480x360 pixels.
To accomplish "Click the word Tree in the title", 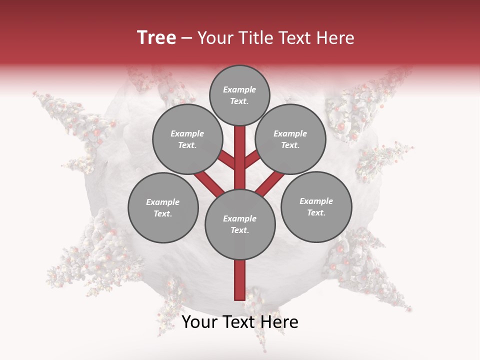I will (156, 37).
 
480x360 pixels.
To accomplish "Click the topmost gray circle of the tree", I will (239, 95).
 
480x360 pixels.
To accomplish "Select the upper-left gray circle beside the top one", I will (187, 139).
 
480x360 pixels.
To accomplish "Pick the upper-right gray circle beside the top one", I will (290, 139).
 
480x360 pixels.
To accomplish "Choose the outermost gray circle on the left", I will (163, 207).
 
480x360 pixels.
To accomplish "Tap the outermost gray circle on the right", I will (316, 206).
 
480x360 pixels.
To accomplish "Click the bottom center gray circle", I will (240, 224).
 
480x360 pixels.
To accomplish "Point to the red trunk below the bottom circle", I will (240, 280).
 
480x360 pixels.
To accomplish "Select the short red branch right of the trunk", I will (252, 159).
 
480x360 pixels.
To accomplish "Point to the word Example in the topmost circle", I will (239, 89).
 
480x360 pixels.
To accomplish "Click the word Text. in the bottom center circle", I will (239, 230).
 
